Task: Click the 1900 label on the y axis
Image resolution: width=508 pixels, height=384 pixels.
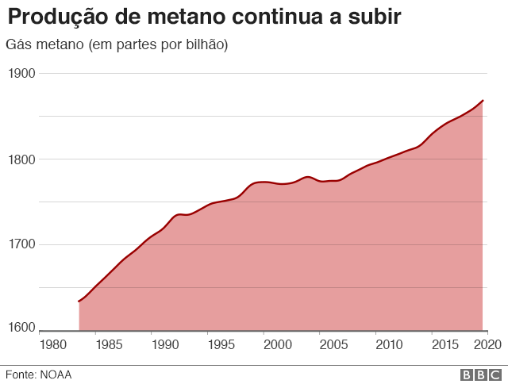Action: click(22, 73)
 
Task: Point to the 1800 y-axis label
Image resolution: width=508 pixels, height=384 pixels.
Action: click(22, 159)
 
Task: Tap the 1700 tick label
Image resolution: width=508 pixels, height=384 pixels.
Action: click(22, 244)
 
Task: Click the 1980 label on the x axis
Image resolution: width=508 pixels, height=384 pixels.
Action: click(53, 345)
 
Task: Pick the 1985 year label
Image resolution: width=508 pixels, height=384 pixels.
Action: click(109, 345)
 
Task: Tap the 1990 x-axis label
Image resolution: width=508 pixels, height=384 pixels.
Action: click(165, 345)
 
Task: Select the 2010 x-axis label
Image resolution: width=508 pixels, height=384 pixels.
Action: click(389, 345)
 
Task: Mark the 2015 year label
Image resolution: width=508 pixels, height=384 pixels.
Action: click(444, 345)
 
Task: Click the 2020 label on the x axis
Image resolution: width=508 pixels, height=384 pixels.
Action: click(486, 345)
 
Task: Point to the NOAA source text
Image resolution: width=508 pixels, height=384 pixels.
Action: click(56, 374)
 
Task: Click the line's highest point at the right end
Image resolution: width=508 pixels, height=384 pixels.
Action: click(483, 101)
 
